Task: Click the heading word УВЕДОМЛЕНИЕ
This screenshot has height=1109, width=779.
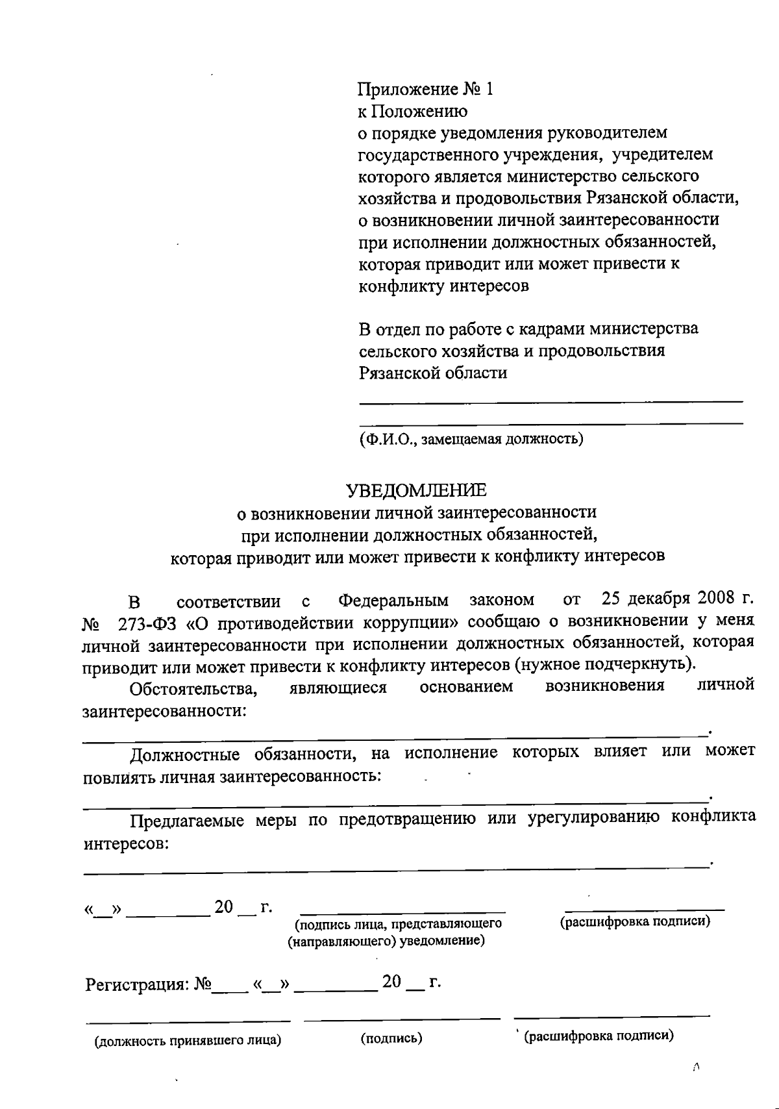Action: (415, 490)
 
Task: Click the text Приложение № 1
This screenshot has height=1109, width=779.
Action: (426, 89)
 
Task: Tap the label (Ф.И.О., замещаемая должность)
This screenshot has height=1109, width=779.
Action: (471, 440)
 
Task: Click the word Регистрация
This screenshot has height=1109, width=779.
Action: (137, 984)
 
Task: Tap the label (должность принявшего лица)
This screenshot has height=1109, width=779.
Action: (188, 1041)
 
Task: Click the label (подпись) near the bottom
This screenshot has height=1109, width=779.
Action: (391, 1038)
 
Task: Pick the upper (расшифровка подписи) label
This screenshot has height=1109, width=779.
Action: (635, 921)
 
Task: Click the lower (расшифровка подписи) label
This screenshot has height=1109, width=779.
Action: (599, 1036)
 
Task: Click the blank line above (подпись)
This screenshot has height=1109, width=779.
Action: (402, 1019)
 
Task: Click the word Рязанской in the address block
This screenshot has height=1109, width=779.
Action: (400, 373)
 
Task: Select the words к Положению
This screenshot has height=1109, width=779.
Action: (413, 111)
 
